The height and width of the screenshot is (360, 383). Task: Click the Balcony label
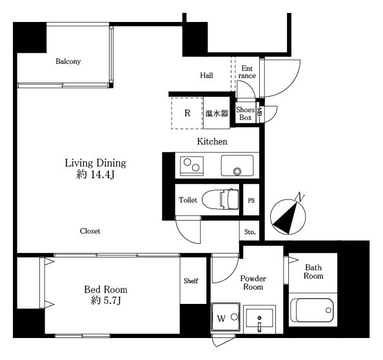[68, 61]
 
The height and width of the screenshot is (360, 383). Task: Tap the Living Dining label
[95, 163]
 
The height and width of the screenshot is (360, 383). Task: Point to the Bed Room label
[106, 290]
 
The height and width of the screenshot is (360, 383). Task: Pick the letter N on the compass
[300, 197]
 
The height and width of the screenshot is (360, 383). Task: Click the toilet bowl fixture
[221, 199]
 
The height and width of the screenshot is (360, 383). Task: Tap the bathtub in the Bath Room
[312, 310]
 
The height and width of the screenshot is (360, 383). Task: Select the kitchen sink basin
[237, 165]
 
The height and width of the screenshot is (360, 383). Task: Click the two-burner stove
[191, 166]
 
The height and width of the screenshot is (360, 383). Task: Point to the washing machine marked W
[226, 317]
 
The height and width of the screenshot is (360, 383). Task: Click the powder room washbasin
[259, 319]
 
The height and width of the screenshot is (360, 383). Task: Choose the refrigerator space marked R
[187, 113]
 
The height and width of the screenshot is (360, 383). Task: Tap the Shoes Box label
[246, 114]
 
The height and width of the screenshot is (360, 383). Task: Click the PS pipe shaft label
[251, 201]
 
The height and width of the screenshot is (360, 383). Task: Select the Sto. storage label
[250, 232]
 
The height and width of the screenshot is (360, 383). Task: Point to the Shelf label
[191, 281]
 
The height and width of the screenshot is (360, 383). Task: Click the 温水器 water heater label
[217, 113]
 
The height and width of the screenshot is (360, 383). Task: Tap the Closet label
[90, 231]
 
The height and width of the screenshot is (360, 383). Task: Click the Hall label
[206, 75]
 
